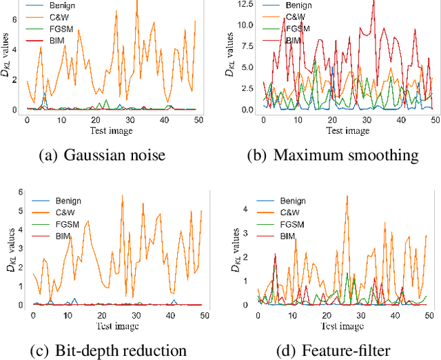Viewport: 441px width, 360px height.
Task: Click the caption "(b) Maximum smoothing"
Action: click(333, 155)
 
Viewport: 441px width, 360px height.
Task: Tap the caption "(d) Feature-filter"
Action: click(333, 350)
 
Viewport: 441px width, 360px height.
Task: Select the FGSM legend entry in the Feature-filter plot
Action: click(293, 225)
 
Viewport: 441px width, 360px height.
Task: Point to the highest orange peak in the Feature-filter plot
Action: click(347, 196)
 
